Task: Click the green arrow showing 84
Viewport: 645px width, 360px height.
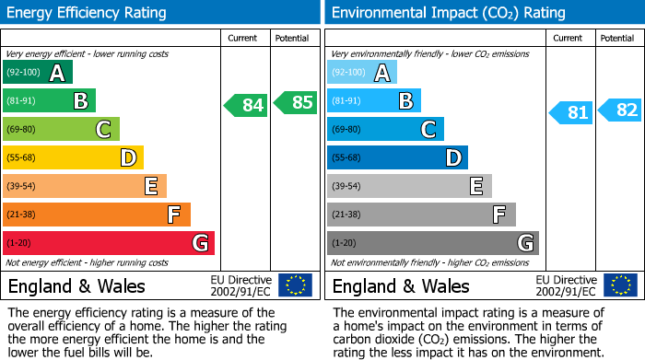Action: (x=246, y=105)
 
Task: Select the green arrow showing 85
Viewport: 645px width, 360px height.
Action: (x=296, y=103)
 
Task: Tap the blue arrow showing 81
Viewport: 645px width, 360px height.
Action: (x=571, y=113)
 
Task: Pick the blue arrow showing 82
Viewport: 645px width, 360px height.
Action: (x=620, y=110)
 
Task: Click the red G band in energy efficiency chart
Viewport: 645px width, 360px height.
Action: (x=109, y=243)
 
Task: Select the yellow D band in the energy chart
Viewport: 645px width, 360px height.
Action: (x=73, y=157)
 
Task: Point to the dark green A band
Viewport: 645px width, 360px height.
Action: (x=38, y=72)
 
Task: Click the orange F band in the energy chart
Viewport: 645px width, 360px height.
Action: (x=97, y=215)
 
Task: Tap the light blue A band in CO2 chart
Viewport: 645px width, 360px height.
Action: (x=362, y=72)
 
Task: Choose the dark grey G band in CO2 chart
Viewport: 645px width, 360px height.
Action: (x=432, y=243)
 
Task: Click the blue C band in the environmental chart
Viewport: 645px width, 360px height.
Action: (x=385, y=129)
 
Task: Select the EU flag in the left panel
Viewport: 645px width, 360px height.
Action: (x=295, y=285)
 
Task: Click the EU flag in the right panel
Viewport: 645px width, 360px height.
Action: (x=619, y=285)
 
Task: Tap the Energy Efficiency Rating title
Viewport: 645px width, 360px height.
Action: (x=88, y=13)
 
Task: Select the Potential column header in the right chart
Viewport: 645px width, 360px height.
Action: (x=616, y=38)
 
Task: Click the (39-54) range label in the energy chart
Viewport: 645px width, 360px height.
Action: (x=20, y=186)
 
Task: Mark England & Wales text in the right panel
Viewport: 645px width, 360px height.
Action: (x=401, y=285)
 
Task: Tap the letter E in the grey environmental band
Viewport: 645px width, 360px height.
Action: (x=476, y=186)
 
